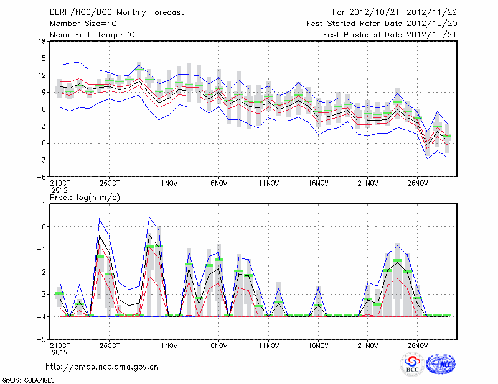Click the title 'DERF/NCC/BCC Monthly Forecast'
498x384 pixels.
(x=116, y=12)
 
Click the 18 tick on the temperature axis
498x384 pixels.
(x=41, y=42)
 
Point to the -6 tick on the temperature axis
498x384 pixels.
(x=41, y=176)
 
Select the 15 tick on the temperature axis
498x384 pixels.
(x=41, y=58)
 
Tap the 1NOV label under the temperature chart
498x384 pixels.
(x=169, y=184)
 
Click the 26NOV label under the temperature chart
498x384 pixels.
(x=417, y=184)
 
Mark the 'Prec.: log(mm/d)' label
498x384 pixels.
(x=85, y=198)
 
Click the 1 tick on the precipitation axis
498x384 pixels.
(x=44, y=204)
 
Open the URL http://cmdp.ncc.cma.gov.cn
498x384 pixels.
(x=102, y=367)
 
